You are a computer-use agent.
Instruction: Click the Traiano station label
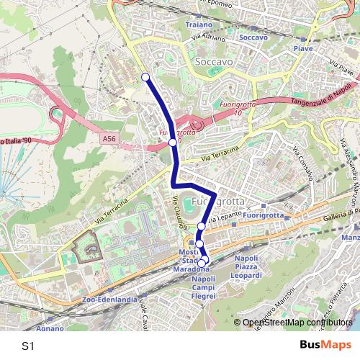199,24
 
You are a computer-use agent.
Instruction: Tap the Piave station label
303,48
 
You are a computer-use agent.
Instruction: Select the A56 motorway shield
109,137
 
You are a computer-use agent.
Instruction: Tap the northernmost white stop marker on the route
145,77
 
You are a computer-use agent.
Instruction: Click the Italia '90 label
16,140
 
